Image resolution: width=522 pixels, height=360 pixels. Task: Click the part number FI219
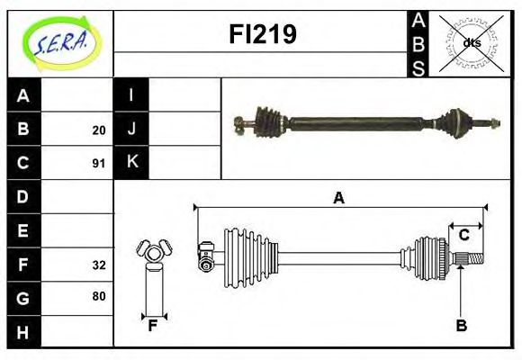coord(261,34)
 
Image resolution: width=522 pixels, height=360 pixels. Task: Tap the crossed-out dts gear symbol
coord(471,43)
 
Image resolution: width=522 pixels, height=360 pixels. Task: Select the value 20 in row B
coord(98,130)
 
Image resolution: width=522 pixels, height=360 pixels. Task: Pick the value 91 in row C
coord(98,164)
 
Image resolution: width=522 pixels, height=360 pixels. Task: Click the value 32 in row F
coord(98,265)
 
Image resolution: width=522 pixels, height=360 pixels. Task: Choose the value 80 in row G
coord(98,296)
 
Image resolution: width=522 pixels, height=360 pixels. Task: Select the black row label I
coord(131,95)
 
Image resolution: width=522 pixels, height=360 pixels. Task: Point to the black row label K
coord(131,163)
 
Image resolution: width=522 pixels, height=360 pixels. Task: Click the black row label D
coord(23,196)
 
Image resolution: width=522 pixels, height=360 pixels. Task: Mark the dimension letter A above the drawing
coord(338,199)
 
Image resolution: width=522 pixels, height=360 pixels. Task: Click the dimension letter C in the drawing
coord(463,235)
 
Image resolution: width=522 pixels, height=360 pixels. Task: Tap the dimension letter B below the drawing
coord(461,326)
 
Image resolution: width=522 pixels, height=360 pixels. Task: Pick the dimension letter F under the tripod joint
coord(153,326)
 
